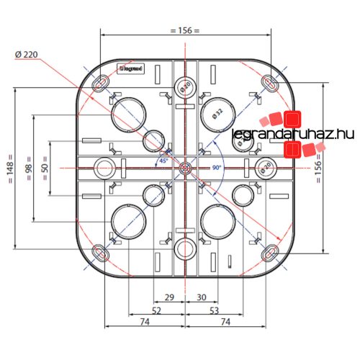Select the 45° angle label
(164, 161)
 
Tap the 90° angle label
(216, 167)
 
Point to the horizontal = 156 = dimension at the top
(185, 30)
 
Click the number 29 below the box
(170, 297)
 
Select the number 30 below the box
(202, 297)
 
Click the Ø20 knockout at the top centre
(185, 88)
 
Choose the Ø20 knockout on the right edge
(265, 168)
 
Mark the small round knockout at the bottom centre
(185, 249)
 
